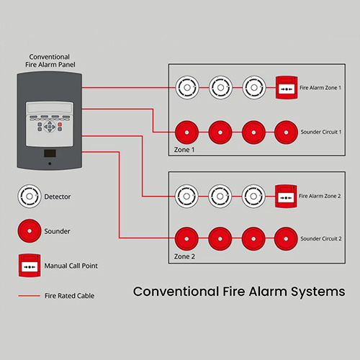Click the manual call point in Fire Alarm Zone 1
[x=287, y=88]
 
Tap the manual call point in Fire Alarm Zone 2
[x=286, y=197]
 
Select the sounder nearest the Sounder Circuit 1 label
[x=286, y=132]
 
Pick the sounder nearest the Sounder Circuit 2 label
[x=286, y=239]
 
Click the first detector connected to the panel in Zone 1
[x=187, y=88]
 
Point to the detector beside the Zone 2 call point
[x=253, y=197]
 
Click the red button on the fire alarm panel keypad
[x=60, y=125]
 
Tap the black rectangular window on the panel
[x=50, y=153]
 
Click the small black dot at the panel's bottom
[x=50, y=163]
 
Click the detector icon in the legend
[x=30, y=197]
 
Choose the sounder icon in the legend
[x=30, y=230]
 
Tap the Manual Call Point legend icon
[x=30, y=266]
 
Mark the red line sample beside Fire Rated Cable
[x=30, y=296]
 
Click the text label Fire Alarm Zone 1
[x=320, y=88]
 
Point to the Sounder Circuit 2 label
[x=321, y=238]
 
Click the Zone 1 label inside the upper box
[x=184, y=150]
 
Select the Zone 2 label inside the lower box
[x=184, y=256]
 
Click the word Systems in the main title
[x=318, y=292]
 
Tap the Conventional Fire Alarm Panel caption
[x=50, y=60]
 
